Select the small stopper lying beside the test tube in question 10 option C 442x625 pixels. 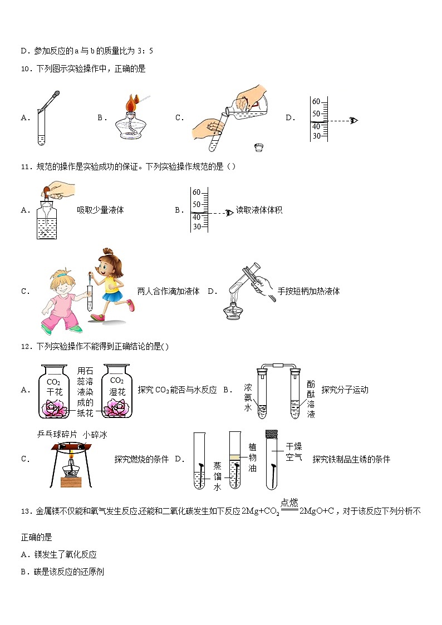(258, 147)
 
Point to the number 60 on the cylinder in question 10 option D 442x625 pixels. (316, 102)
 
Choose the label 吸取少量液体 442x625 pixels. (100, 210)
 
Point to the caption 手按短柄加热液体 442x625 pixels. (308, 291)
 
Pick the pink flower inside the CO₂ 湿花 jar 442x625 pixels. (117, 410)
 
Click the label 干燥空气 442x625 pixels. (293, 451)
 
